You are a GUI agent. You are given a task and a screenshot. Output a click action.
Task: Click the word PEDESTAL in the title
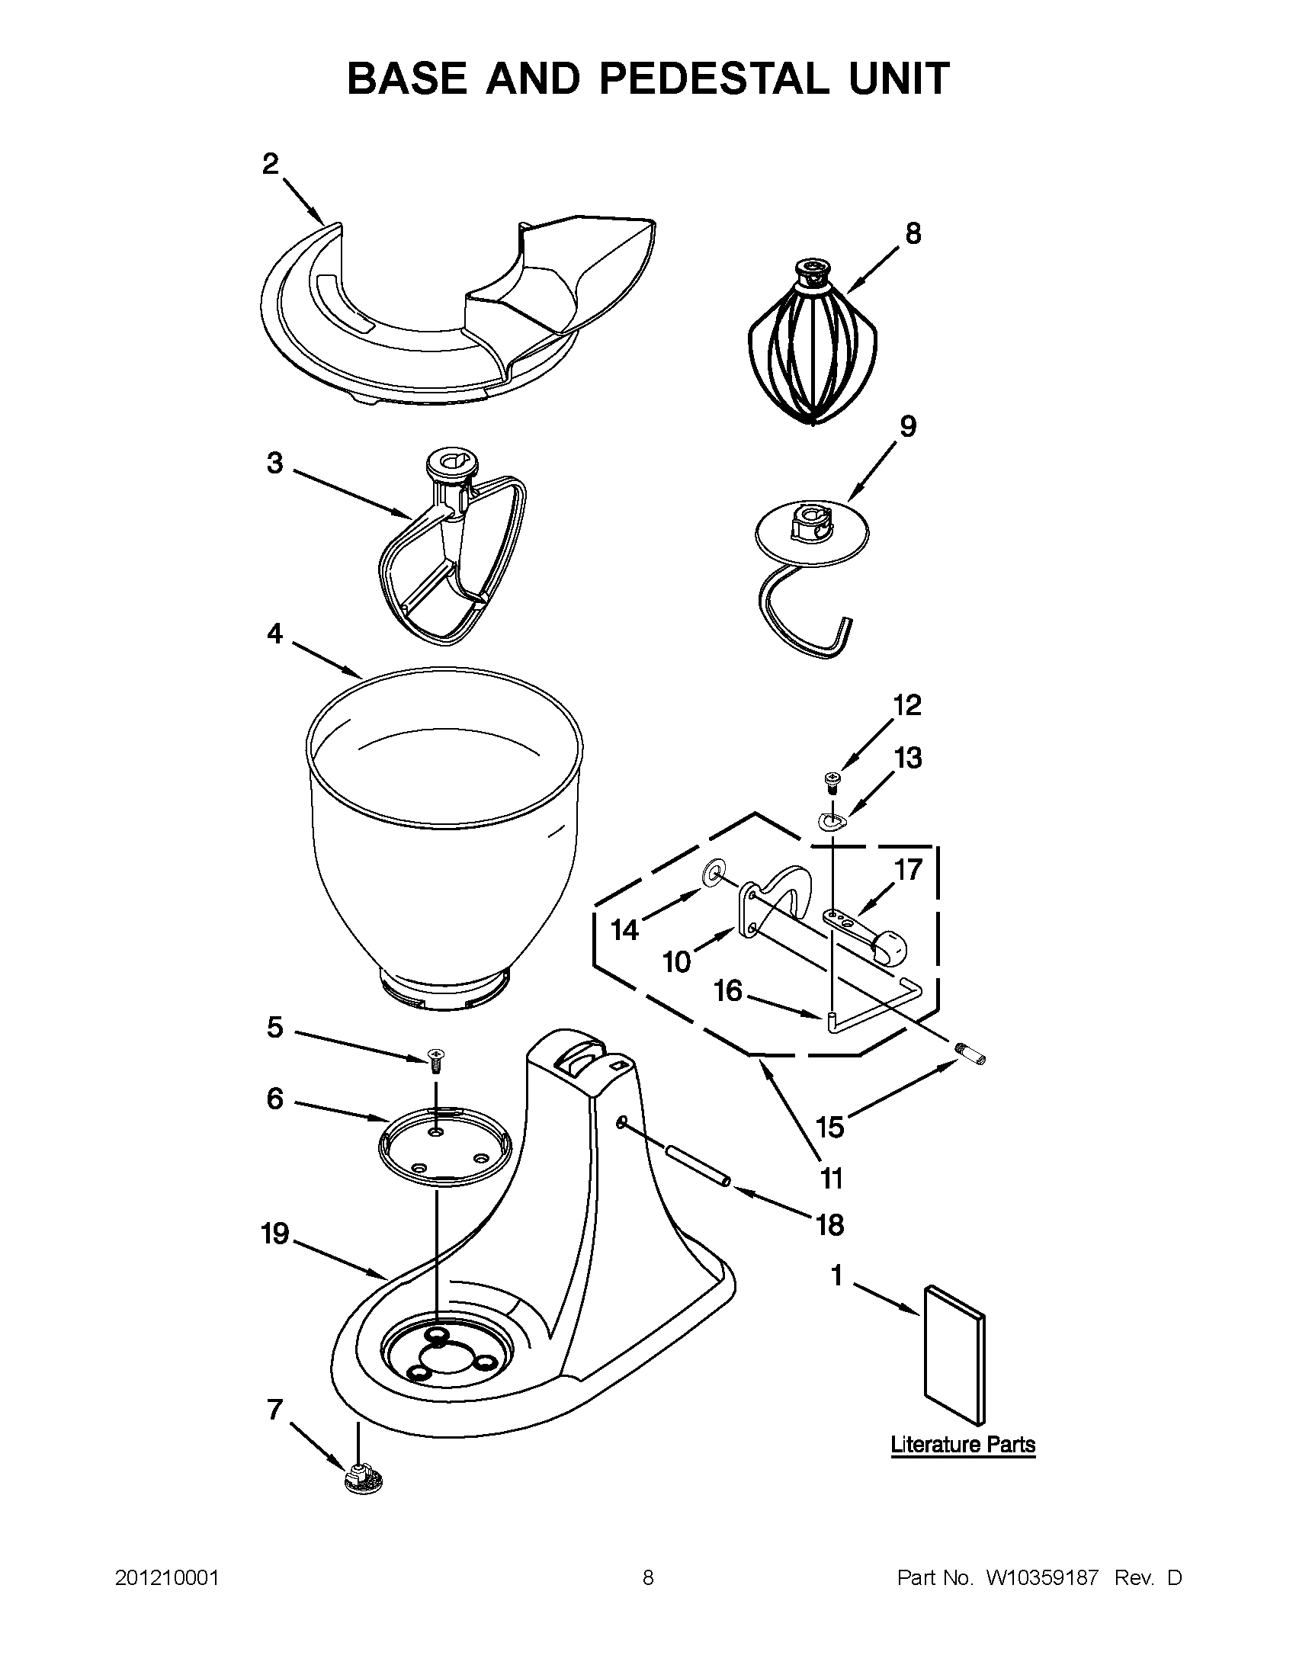714,79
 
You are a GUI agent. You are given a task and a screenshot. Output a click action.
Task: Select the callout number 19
274,1234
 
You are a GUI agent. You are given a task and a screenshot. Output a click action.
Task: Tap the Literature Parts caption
963,1445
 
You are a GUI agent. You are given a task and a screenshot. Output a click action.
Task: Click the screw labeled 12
831,781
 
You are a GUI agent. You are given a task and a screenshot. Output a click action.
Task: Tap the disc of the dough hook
813,532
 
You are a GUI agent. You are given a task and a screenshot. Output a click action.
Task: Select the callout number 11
831,1178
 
